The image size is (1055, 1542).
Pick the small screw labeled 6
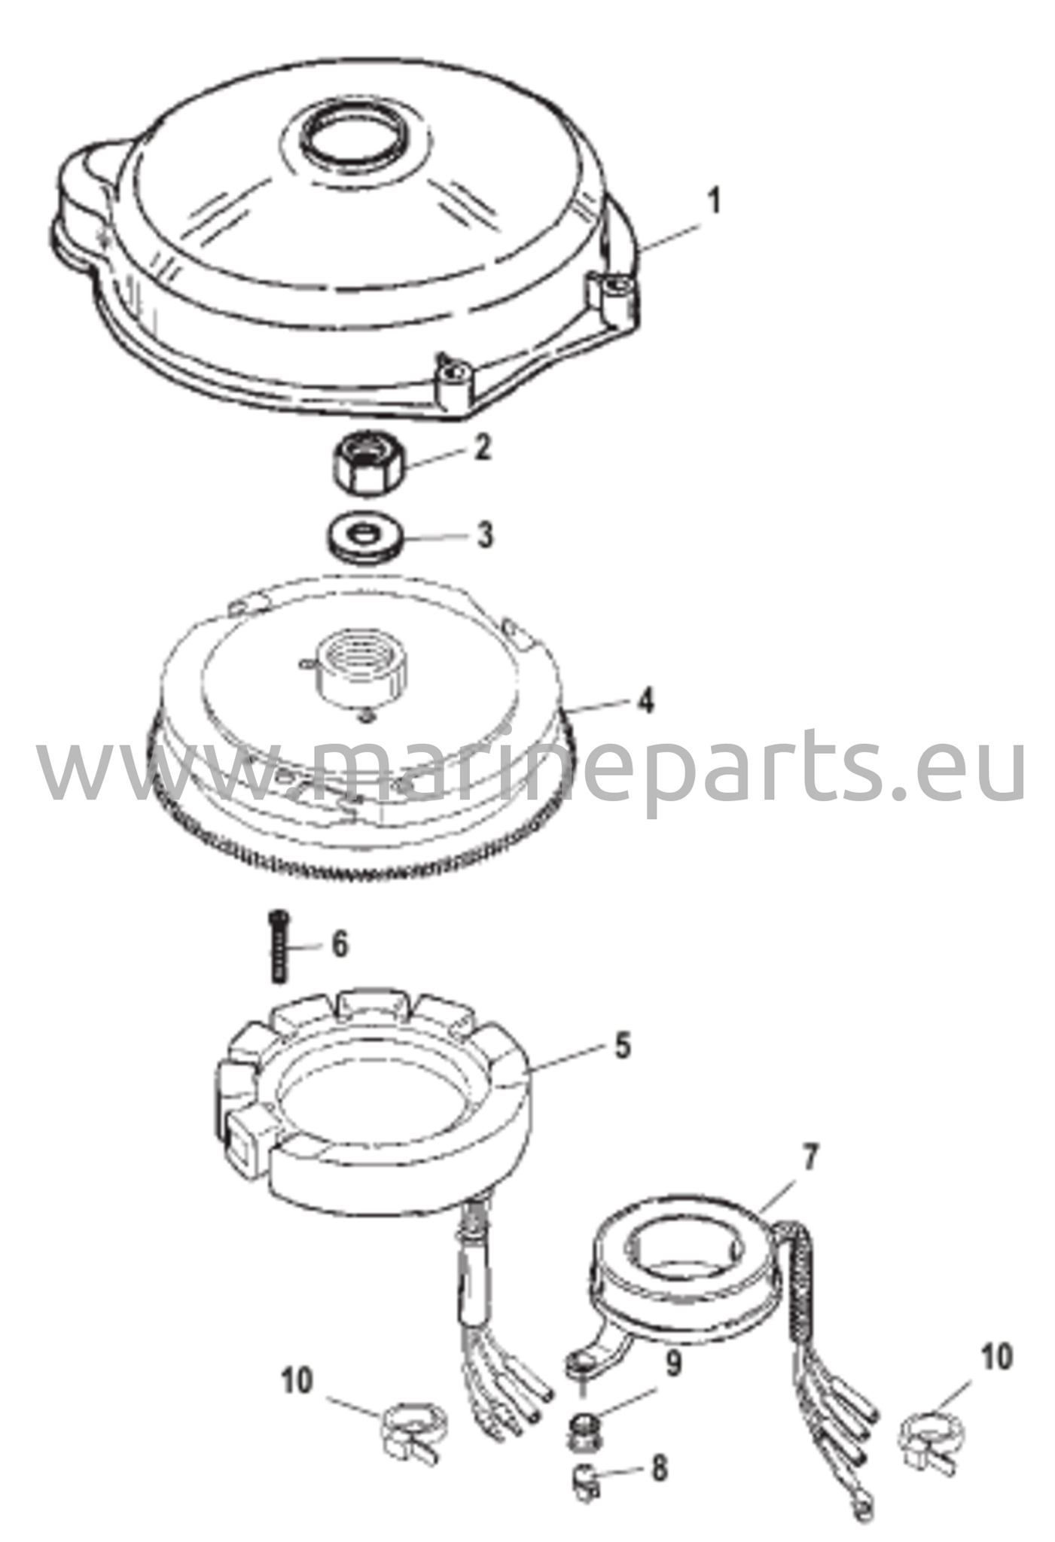click(x=279, y=946)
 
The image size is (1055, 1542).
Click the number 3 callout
click(x=486, y=536)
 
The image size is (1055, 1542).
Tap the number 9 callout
click(x=675, y=1364)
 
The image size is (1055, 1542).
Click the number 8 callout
click(x=659, y=1469)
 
